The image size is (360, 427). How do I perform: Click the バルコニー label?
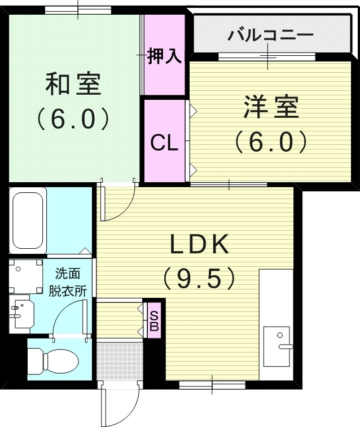tap(270, 36)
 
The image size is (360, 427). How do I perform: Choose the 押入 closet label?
tap(164, 56)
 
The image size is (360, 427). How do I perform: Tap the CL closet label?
tap(164, 143)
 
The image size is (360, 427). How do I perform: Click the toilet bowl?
tap(54, 359)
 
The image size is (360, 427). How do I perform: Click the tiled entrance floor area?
tap(118, 360)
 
